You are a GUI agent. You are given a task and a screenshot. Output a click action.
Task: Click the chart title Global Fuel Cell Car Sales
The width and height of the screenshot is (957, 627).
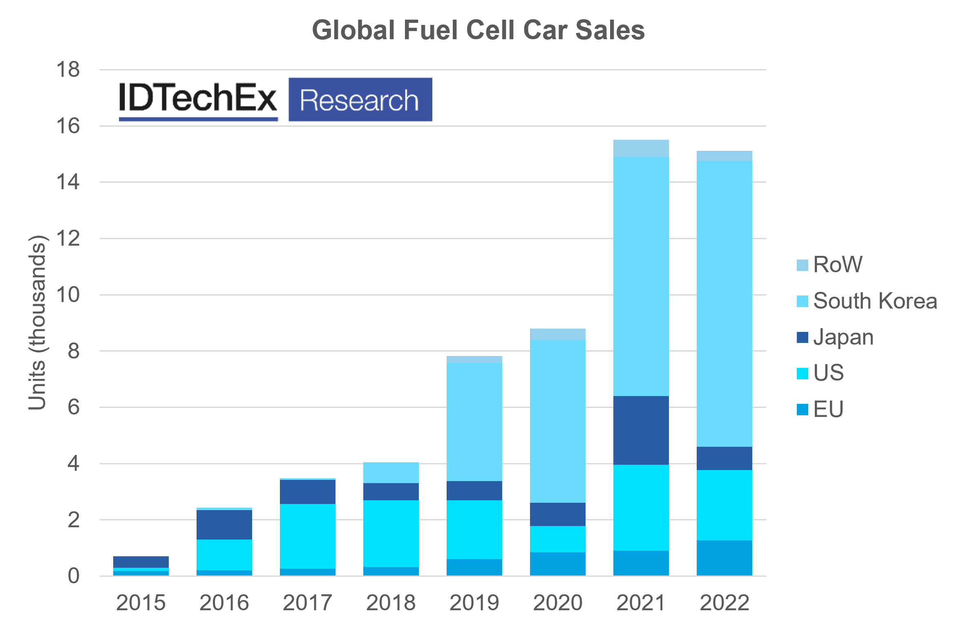[478, 30]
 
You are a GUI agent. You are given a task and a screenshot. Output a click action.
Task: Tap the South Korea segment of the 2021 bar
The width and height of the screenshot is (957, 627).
[641, 276]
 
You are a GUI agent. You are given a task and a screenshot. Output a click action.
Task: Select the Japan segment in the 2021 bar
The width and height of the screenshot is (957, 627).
[641, 430]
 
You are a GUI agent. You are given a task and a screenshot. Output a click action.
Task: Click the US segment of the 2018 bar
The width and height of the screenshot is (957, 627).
[391, 533]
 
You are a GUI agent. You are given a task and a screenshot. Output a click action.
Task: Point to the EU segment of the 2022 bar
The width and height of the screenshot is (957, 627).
[724, 558]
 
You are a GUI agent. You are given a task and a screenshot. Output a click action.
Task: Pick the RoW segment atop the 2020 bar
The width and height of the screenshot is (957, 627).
[557, 334]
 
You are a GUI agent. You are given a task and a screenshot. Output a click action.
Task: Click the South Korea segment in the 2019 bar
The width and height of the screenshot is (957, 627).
[474, 422]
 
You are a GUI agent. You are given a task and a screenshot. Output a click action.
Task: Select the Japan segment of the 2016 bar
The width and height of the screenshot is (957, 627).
[224, 525]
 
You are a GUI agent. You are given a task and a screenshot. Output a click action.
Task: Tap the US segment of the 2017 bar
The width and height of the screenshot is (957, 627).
[307, 536]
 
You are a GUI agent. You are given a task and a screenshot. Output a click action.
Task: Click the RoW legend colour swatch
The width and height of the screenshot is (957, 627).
[802, 265]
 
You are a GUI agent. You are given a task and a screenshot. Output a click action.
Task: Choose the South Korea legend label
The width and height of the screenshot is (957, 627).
[875, 301]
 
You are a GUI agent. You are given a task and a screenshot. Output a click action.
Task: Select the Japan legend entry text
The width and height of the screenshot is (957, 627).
[843, 338]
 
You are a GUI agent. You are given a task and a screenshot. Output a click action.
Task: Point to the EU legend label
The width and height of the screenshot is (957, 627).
[828, 409]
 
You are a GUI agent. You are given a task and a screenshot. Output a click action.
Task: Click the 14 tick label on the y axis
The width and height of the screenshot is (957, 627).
[68, 182]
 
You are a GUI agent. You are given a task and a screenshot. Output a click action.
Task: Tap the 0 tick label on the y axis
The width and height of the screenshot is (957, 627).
[74, 576]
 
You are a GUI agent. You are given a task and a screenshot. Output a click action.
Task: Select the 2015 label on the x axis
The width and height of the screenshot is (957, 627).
[141, 602]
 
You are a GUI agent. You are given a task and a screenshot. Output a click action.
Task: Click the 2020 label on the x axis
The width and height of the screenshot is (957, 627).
[557, 602]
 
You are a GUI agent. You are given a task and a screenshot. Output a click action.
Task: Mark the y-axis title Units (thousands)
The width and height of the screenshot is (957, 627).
[37, 322]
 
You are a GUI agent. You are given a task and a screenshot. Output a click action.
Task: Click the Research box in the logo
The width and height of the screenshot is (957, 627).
[360, 100]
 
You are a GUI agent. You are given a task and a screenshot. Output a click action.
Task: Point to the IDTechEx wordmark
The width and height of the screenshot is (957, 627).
[198, 98]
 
